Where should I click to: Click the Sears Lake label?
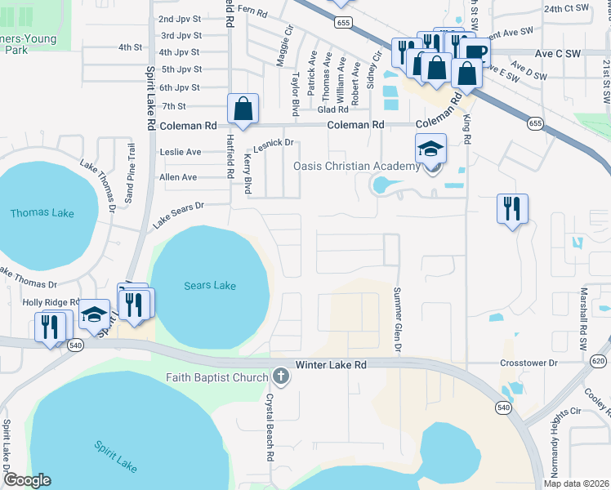pyautogui.click(x=210, y=286)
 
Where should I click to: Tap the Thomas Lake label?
pyautogui.click(x=42, y=213)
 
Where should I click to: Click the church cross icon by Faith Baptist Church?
pyautogui.click(x=280, y=376)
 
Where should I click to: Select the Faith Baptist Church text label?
pyautogui.click(x=216, y=377)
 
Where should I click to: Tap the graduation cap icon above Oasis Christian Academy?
pyautogui.click(x=430, y=150)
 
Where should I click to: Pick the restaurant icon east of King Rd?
pyautogui.click(x=512, y=209)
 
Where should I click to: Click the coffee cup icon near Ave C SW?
pyautogui.click(x=473, y=53)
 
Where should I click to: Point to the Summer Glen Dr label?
pyautogui.click(x=398, y=320)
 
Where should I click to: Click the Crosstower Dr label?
pyautogui.click(x=528, y=362)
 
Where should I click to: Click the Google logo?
pyautogui.click(x=28, y=480)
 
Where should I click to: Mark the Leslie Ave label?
pyautogui.click(x=181, y=152)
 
